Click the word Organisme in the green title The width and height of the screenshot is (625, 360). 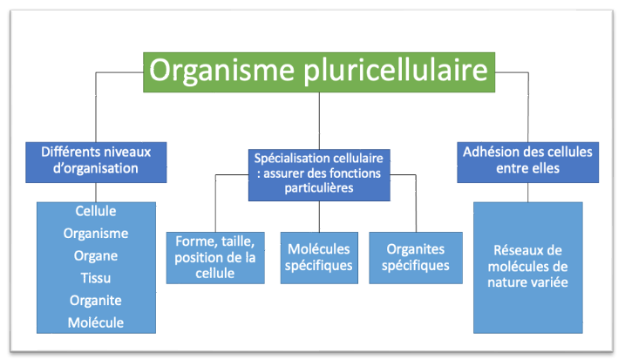point(221,71)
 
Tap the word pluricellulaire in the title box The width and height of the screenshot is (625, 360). point(396,71)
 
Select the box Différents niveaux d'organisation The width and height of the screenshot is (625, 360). point(96,162)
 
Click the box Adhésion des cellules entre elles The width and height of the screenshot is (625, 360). point(527,162)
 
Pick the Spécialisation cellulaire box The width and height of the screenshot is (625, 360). point(319,175)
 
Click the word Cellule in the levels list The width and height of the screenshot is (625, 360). point(96,211)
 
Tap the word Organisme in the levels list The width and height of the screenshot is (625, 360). point(96,234)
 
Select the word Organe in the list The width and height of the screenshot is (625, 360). point(96,256)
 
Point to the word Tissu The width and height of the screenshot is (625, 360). point(96,278)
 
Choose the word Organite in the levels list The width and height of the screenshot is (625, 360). point(96,300)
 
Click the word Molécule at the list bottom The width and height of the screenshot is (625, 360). point(96,323)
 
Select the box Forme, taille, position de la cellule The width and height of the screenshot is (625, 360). point(215,258)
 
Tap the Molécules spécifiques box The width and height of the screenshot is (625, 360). point(319,258)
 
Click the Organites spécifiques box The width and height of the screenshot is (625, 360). point(416,258)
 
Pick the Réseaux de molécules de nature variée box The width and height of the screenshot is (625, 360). point(527,268)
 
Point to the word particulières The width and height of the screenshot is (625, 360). point(319,188)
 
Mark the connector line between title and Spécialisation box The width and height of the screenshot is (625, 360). point(319,121)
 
